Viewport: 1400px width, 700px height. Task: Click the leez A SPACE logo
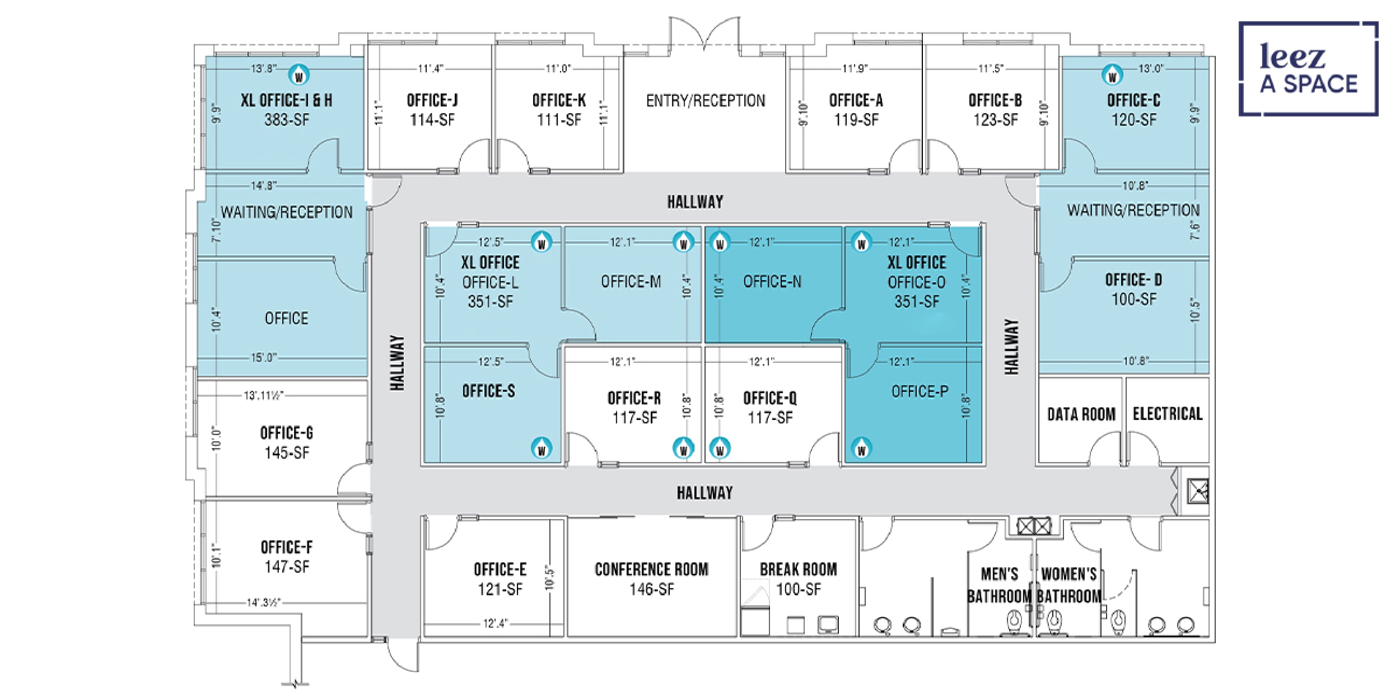[x=1308, y=69]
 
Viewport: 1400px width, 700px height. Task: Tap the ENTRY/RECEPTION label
[x=706, y=101]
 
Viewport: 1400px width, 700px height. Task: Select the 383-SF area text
[x=287, y=120]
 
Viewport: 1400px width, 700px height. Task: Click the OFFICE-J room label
[x=432, y=101]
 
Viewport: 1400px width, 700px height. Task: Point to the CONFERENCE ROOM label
[x=651, y=570]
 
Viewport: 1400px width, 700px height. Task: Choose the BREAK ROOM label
[x=798, y=570]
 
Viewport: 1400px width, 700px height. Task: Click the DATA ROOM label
[x=1081, y=414]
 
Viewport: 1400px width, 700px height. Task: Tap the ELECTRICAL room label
[x=1168, y=414]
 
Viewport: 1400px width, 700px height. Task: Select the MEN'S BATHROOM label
[x=1000, y=585]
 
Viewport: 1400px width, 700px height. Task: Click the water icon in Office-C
[x=1112, y=75]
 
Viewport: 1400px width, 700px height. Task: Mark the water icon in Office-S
[x=542, y=448]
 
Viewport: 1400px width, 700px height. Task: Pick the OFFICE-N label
[x=772, y=282]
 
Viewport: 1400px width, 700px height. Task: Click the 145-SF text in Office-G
[x=287, y=452]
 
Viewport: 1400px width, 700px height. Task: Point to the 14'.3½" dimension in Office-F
[x=264, y=603]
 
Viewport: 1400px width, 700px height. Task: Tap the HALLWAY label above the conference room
[x=704, y=493]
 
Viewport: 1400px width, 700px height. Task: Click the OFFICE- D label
[x=1133, y=280]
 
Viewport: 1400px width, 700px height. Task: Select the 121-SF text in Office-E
[x=500, y=589]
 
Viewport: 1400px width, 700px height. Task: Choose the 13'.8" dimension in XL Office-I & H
[x=263, y=69]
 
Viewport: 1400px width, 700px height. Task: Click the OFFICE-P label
[x=920, y=391]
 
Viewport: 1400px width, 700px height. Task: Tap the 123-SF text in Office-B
[x=995, y=120]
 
